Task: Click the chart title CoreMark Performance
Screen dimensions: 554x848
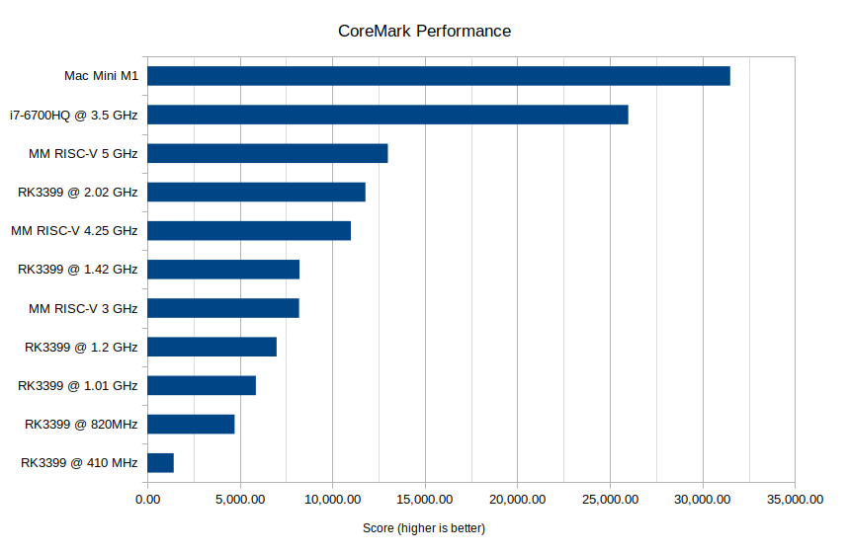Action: [x=424, y=31]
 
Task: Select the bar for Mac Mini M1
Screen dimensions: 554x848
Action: [x=438, y=76]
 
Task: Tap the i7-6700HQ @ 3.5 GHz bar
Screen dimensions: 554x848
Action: [x=387, y=115]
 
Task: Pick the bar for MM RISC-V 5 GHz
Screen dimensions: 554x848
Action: [x=267, y=153]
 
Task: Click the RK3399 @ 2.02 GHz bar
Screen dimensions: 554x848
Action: [x=256, y=192]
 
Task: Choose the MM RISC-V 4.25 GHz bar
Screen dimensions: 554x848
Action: [x=249, y=230]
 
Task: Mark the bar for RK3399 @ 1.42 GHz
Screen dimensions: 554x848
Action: [x=223, y=270]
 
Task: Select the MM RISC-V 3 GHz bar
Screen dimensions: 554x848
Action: [x=222, y=308]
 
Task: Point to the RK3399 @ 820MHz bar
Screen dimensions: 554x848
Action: [x=191, y=424]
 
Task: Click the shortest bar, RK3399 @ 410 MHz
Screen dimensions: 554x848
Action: [x=160, y=462]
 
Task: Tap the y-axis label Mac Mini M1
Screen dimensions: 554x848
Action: [x=101, y=76]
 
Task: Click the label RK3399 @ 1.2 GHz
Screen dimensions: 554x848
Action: [x=81, y=347]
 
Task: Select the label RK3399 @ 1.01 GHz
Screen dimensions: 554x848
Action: [x=78, y=385]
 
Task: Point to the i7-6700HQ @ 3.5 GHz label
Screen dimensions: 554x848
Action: [x=74, y=115]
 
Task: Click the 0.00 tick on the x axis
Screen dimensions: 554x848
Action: [x=147, y=500]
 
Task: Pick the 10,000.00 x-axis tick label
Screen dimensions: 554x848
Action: [x=332, y=500]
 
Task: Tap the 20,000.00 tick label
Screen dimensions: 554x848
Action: [x=518, y=500]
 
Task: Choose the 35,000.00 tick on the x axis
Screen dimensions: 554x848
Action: [x=795, y=500]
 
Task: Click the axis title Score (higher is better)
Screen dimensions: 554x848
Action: [x=424, y=528]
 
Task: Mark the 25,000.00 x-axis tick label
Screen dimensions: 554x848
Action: [x=610, y=500]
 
